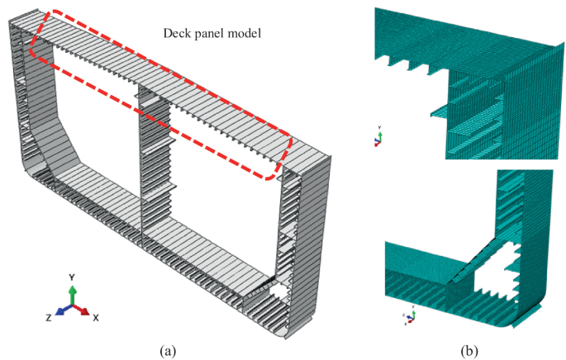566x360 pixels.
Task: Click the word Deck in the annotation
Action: pos(175,35)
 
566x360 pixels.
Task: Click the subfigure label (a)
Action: pos(169,350)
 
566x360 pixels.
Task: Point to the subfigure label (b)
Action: pos(468,350)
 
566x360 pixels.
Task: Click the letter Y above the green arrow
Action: pos(73,277)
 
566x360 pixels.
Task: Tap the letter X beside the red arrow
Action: pos(96,317)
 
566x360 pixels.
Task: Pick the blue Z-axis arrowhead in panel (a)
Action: pos(59,313)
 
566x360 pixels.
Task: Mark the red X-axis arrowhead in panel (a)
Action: pos(85,312)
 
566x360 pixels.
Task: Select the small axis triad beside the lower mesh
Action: pos(406,315)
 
